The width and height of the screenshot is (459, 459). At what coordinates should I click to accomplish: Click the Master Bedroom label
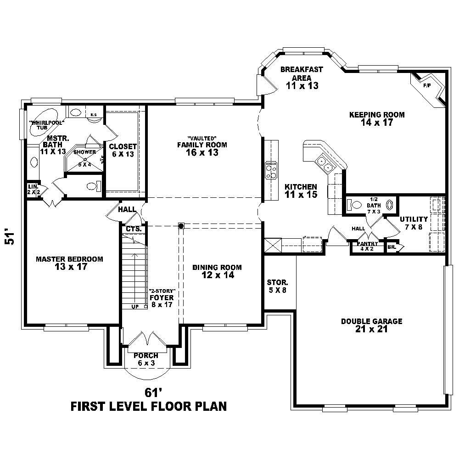(x=69, y=263)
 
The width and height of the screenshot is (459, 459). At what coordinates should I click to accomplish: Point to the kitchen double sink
(x=324, y=164)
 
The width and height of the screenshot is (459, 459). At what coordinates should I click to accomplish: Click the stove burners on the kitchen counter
(x=271, y=169)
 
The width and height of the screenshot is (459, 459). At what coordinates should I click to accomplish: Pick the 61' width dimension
(x=154, y=392)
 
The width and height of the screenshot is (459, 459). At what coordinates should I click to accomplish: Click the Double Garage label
(x=371, y=325)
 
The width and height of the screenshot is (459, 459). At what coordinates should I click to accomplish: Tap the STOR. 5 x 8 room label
(x=277, y=286)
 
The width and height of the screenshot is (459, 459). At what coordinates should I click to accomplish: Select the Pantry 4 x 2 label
(x=367, y=246)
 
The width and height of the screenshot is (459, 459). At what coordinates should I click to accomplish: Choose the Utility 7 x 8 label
(x=413, y=223)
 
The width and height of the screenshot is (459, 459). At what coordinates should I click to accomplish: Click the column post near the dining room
(x=181, y=226)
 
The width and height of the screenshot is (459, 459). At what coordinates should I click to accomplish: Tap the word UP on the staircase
(x=135, y=306)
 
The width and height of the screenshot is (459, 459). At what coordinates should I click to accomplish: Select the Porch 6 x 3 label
(x=146, y=359)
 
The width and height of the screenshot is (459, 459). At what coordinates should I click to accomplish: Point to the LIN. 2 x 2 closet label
(x=32, y=189)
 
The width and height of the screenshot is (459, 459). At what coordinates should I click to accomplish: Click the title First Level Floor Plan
(x=148, y=406)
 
